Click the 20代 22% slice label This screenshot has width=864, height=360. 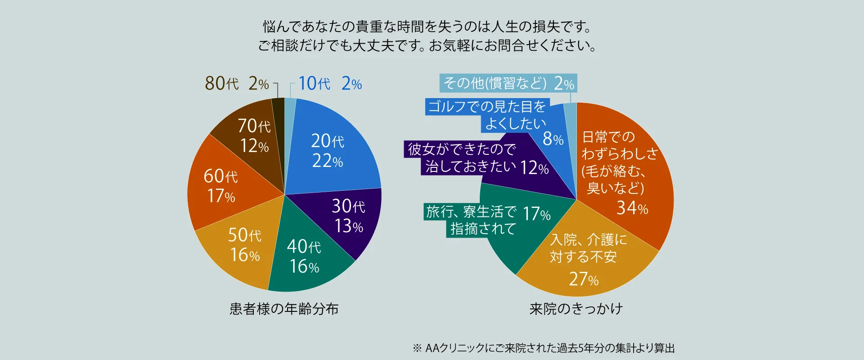coord(328,151)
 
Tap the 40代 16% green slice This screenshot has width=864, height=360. coord(304,256)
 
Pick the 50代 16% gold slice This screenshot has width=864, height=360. coord(244,245)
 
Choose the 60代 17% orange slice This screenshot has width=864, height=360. coord(220,186)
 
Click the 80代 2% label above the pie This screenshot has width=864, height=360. coord(237,84)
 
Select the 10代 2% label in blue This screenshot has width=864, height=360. coord(330,84)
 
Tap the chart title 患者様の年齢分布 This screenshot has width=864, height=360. coord(284,309)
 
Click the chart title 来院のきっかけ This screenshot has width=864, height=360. coord(576,309)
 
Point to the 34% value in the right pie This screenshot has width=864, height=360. coord(632,208)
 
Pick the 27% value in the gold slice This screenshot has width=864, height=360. coord(584,279)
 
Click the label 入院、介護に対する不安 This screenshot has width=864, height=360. coord(588,248)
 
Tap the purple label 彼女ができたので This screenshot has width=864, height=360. coord(462,149)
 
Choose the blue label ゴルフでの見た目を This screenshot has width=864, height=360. coord(487,107)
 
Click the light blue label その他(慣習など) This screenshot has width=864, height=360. coord(495,83)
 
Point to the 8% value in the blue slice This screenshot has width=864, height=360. coord(553,139)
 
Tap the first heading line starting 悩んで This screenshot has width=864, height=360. coord(427,27)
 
